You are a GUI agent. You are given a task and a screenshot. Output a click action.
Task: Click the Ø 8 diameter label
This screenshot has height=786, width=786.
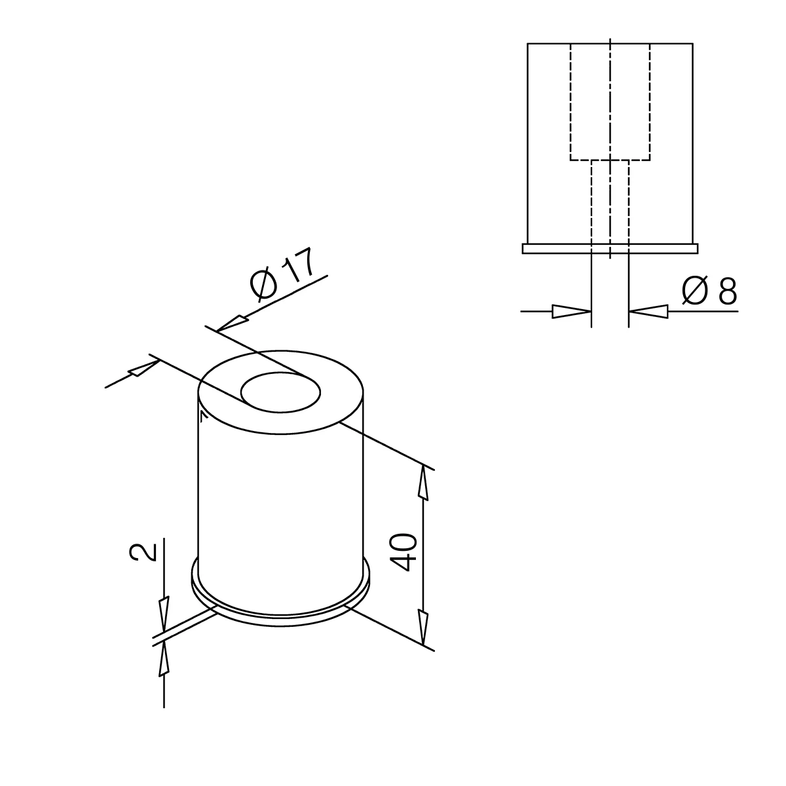[x=709, y=291]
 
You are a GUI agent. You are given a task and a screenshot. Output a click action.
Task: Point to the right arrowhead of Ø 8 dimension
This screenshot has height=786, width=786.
[x=648, y=312]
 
